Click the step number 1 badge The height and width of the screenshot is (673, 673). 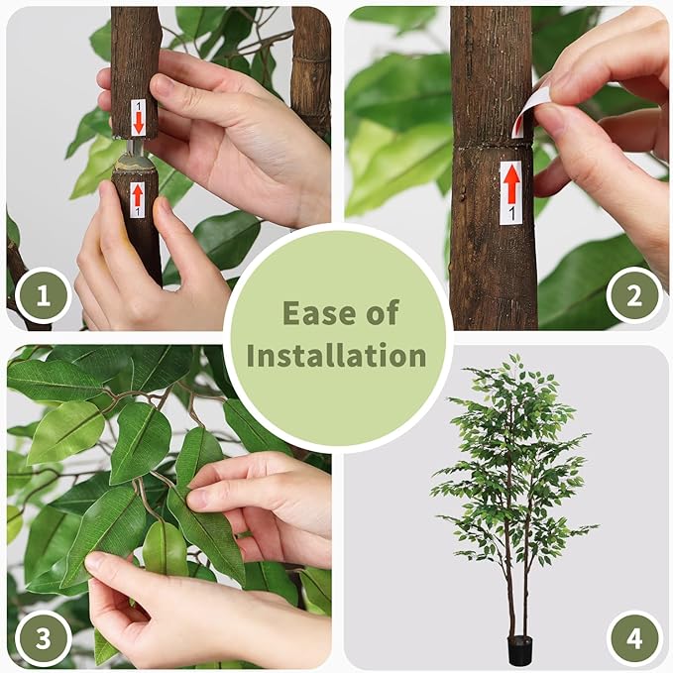click(x=43, y=295)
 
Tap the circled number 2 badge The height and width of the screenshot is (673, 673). click(x=633, y=295)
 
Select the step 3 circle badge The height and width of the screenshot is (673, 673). click(x=43, y=637)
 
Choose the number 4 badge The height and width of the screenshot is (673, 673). click(x=633, y=637)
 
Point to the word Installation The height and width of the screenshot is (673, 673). click(x=336, y=356)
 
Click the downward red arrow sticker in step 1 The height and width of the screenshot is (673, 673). click(x=138, y=118)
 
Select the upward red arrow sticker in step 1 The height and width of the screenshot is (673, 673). click(x=137, y=197)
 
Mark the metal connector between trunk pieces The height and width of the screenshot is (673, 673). click(x=136, y=157)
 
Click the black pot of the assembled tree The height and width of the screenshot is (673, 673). click(x=519, y=649)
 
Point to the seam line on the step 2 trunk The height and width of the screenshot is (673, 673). click(x=493, y=146)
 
